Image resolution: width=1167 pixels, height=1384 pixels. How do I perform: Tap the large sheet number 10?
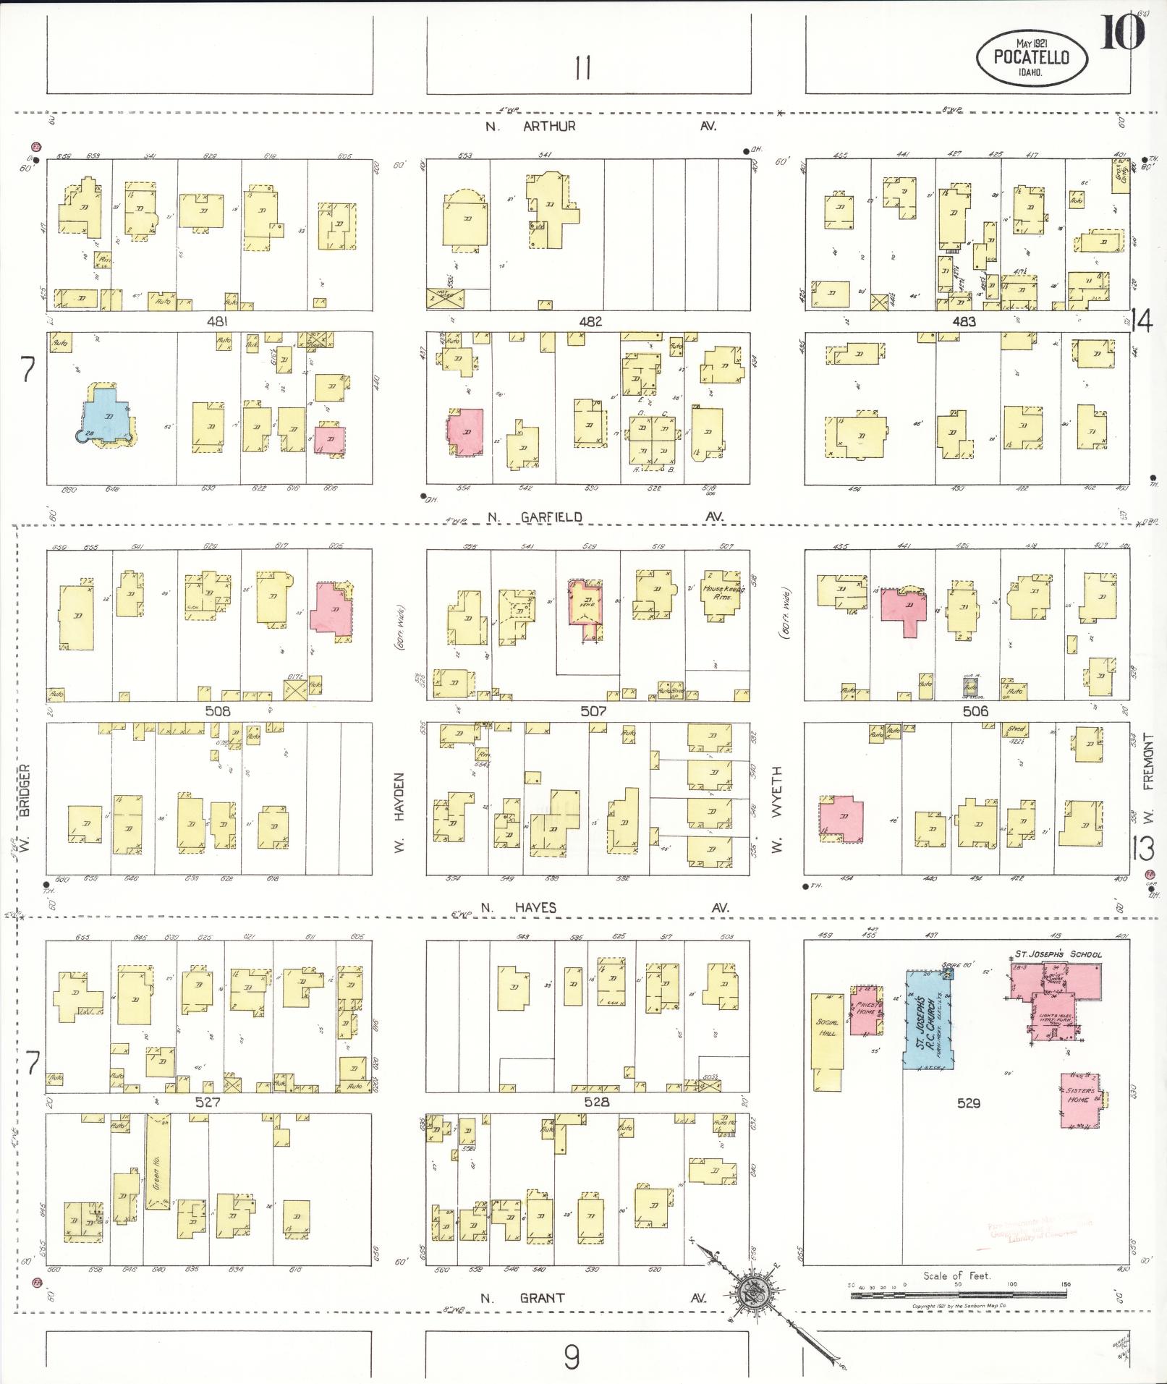1122,33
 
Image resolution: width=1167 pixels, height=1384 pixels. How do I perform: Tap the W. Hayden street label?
399,812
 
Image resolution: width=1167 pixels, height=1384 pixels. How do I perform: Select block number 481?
217,321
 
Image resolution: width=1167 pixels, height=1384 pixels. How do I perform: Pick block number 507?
593,712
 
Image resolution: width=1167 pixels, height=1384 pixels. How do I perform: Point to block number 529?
968,1103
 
